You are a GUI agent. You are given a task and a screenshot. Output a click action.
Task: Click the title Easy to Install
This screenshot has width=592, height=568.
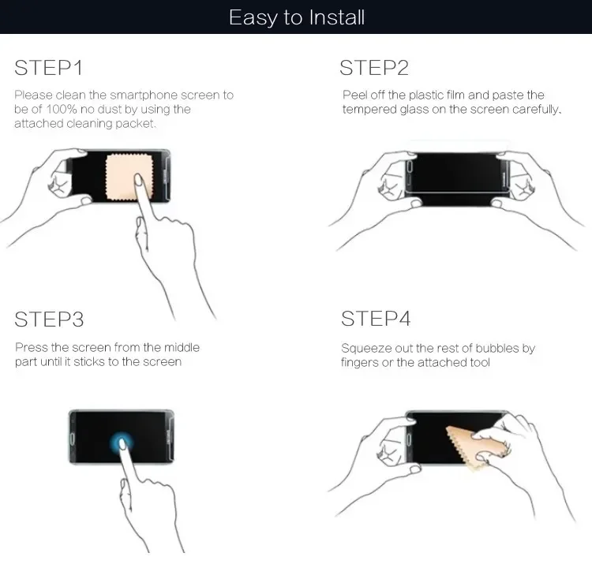[296, 17]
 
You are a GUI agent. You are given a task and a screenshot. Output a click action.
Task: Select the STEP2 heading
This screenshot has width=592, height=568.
[374, 68]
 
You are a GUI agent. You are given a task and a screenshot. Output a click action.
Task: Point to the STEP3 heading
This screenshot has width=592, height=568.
[49, 319]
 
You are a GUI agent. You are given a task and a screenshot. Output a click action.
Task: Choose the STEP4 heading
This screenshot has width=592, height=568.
[376, 319]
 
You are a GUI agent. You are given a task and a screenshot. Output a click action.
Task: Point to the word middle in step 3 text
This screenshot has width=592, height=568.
[182, 347]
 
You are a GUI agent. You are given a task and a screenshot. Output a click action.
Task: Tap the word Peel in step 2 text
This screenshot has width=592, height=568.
[354, 95]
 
